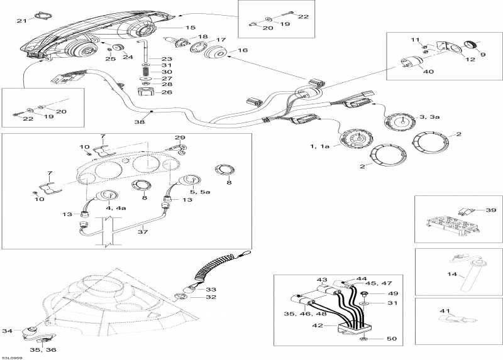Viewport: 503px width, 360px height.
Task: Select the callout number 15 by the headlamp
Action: [191, 28]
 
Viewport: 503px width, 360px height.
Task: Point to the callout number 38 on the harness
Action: [139, 122]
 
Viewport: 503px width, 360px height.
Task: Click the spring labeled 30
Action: [145, 72]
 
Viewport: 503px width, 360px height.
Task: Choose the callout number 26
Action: [167, 92]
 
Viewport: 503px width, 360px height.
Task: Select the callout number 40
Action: [428, 72]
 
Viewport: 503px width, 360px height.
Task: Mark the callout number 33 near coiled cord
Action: [211, 289]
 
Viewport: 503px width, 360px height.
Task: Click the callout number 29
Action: [180, 137]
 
